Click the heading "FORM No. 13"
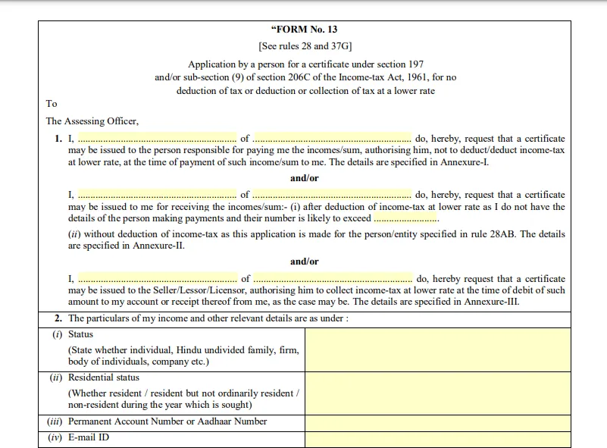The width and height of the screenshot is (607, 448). (x=305, y=30)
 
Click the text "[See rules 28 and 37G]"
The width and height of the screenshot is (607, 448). (x=305, y=46)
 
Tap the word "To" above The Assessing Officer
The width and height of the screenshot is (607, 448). (x=52, y=104)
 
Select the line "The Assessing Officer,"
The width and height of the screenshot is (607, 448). (x=92, y=121)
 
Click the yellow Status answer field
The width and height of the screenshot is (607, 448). (x=437, y=349)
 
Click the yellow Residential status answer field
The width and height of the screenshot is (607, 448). (x=437, y=393)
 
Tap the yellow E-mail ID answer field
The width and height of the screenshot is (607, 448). (x=437, y=439)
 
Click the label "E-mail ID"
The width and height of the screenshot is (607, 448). (x=89, y=437)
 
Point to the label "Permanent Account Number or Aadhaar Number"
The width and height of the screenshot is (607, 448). (x=167, y=421)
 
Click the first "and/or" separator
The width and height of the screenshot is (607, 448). (x=305, y=178)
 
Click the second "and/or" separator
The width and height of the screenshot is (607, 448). (x=305, y=262)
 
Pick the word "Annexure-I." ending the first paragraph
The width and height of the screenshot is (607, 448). (x=465, y=162)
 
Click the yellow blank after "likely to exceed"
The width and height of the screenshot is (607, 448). (x=406, y=218)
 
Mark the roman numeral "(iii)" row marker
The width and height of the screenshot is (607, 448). (x=54, y=421)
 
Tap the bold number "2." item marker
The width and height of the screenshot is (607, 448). (x=58, y=318)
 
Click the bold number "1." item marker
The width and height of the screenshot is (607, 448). (x=58, y=139)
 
